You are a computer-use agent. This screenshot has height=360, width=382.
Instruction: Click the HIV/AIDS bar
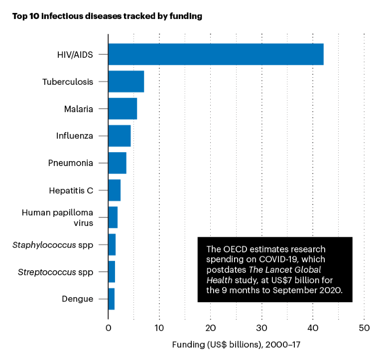click(x=216, y=54)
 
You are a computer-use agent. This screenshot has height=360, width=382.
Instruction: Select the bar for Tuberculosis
click(x=126, y=81)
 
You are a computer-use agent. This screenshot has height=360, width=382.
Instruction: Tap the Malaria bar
click(x=123, y=109)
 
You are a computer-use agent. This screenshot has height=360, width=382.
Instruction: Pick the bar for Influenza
click(x=120, y=136)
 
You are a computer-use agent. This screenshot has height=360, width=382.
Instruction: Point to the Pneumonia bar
click(x=117, y=163)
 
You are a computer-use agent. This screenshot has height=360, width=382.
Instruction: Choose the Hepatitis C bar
click(x=115, y=190)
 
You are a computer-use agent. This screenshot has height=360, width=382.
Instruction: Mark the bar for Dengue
click(x=112, y=299)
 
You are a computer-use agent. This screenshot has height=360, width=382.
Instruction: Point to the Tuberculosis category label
click(x=68, y=81)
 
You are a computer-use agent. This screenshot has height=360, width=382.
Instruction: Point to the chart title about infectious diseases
click(x=107, y=16)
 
